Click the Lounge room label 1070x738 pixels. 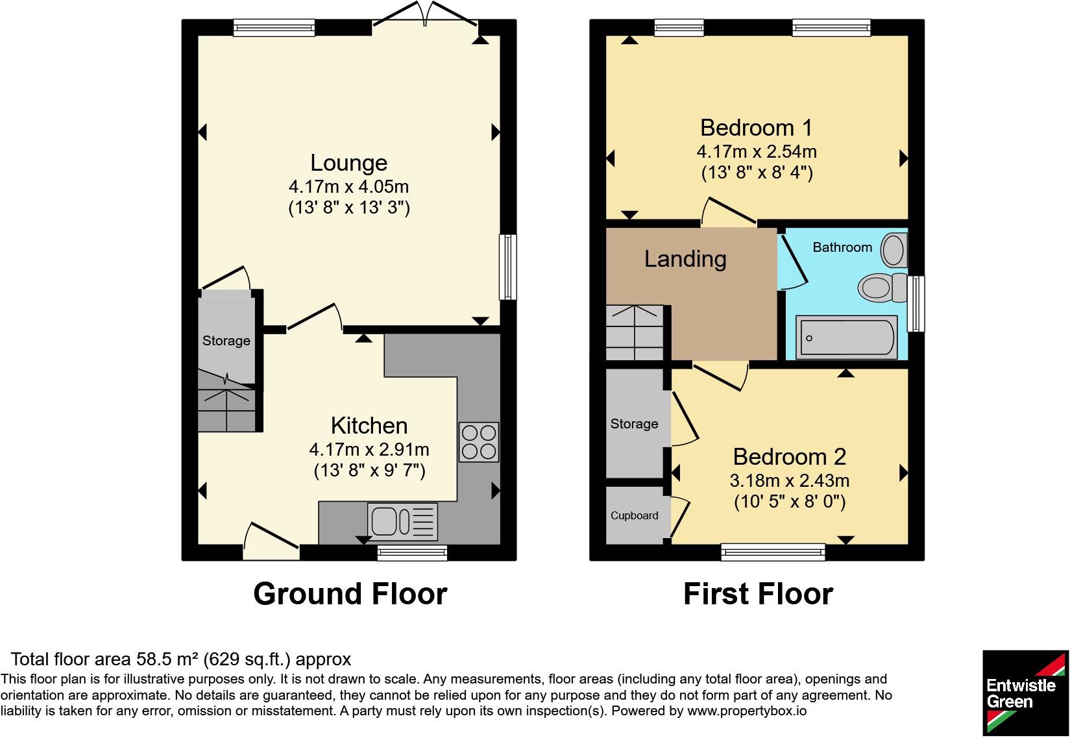point(348,163)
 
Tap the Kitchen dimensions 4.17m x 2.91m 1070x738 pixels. point(369,450)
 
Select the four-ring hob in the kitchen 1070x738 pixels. point(479,442)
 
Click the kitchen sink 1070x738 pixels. point(402,521)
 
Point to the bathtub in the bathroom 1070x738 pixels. point(846,338)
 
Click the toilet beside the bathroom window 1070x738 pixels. point(882,288)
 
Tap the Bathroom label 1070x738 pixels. point(842,247)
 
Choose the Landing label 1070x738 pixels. point(685,260)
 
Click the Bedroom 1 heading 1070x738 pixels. point(756,128)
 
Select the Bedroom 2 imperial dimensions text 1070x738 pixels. point(790,502)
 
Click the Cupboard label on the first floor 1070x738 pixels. point(635,516)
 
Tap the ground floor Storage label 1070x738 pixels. point(226,341)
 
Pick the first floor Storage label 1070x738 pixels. point(634,424)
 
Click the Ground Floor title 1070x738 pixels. point(350,594)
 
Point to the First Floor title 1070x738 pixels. point(758,594)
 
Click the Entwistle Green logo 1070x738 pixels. point(1025,693)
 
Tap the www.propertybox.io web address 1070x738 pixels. point(747,711)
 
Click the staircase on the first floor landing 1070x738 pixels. point(635,333)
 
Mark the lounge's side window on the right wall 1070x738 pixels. point(508,267)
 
